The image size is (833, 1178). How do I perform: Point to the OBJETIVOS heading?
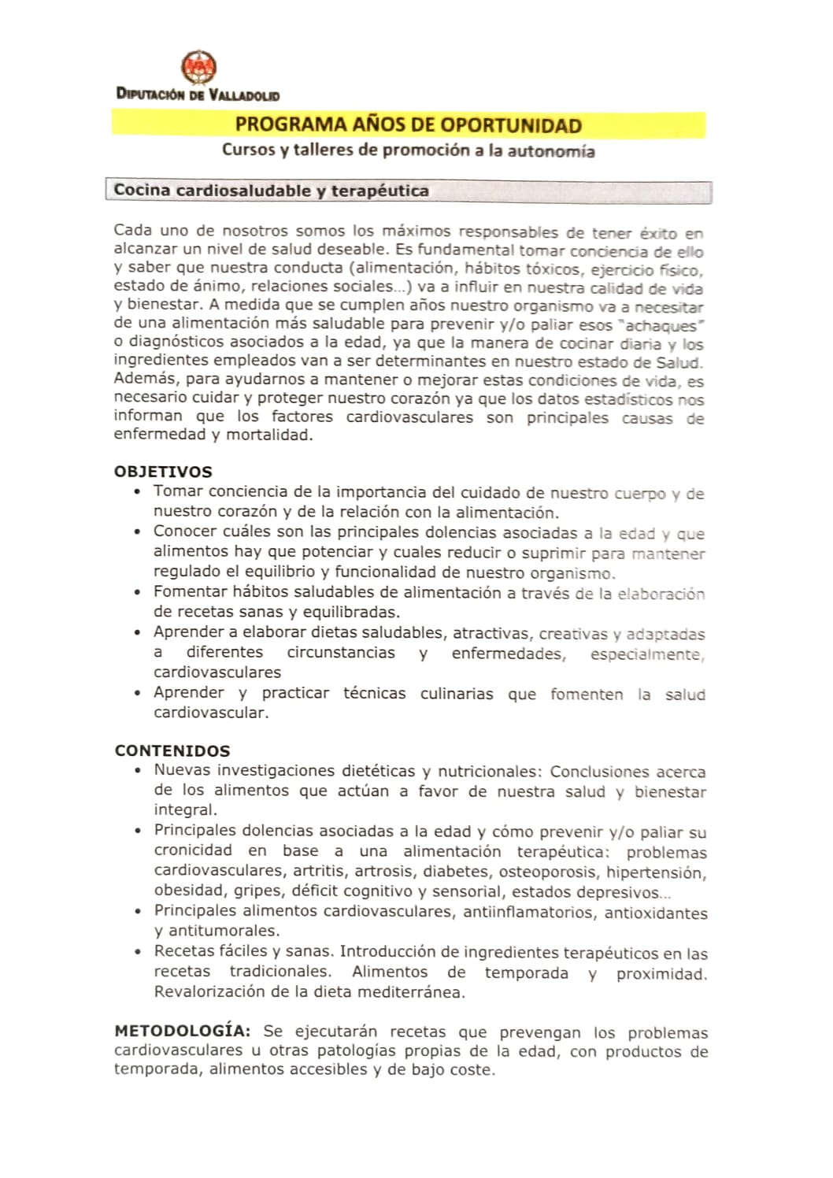click(x=163, y=472)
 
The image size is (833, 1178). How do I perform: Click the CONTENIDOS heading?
click(x=172, y=750)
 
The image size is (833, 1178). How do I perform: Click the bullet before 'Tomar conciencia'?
click(x=138, y=493)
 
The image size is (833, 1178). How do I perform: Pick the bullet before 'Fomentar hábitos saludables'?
click(x=138, y=592)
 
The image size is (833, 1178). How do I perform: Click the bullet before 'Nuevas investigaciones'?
click(x=139, y=771)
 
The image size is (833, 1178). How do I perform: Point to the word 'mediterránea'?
click(x=411, y=992)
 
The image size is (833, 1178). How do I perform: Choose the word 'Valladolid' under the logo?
click(x=244, y=95)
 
